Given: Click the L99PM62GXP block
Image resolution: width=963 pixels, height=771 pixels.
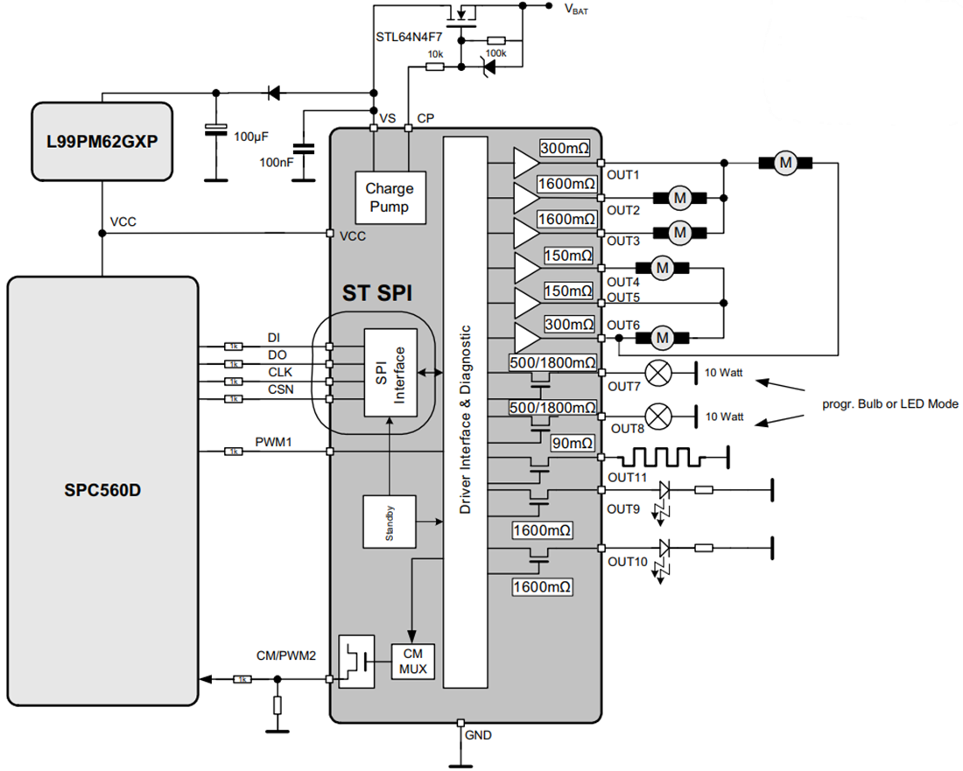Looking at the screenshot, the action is (x=101, y=141).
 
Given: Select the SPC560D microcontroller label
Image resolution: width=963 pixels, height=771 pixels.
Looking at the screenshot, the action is (x=102, y=490).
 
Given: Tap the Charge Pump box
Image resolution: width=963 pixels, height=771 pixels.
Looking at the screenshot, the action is (x=390, y=197).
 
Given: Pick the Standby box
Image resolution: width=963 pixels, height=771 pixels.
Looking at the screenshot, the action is (x=390, y=522).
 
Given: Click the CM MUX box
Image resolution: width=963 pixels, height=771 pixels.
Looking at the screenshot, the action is (x=412, y=662).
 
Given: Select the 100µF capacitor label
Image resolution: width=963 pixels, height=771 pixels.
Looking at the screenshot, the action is (x=252, y=137).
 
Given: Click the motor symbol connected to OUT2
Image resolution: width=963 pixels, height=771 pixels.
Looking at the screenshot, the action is (x=679, y=199).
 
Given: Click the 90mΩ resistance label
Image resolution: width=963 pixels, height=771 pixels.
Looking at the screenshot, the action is (x=572, y=443).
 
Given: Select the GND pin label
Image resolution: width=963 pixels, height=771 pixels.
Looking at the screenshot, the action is (x=478, y=735).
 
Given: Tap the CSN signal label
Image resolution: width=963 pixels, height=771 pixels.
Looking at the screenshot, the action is (x=281, y=389).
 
